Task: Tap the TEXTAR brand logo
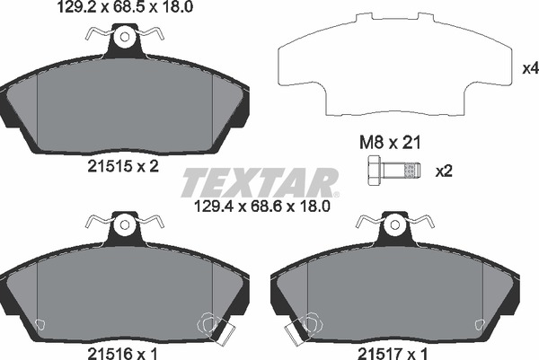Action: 260,182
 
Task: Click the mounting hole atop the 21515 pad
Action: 125,38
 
